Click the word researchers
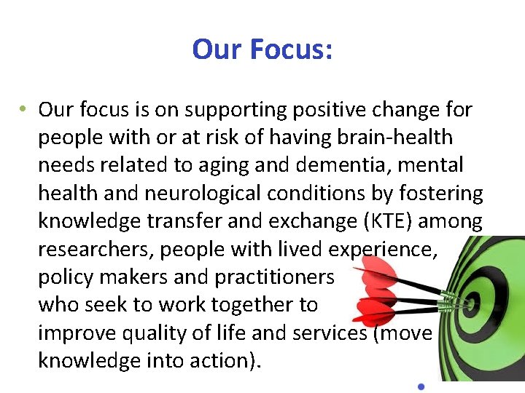[x=96, y=250]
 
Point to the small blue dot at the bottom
[x=421, y=385]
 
